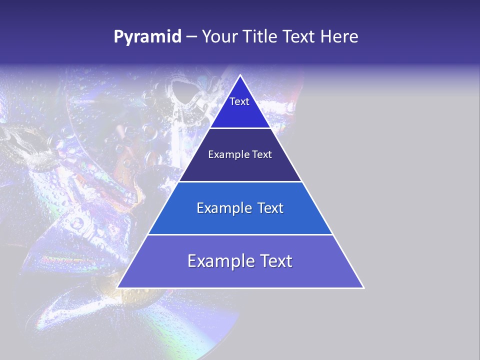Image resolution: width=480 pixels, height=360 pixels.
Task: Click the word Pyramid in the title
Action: [x=147, y=37]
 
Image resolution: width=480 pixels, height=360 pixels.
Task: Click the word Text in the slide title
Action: [x=300, y=37]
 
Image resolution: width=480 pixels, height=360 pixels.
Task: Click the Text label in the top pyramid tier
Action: [x=239, y=101]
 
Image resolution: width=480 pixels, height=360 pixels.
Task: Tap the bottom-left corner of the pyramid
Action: [x=117, y=287]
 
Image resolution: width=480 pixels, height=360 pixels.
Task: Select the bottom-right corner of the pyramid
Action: [x=363, y=287]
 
